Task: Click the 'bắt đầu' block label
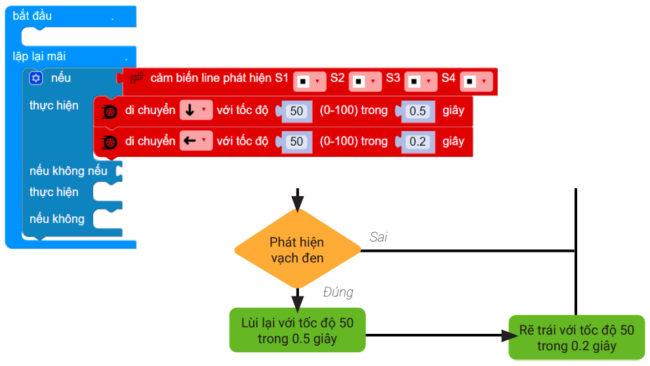(32, 16)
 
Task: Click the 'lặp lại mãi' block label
(39, 56)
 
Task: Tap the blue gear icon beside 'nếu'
(36, 79)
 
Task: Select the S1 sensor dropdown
(310, 81)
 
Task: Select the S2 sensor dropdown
(365, 81)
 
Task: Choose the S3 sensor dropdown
(420, 81)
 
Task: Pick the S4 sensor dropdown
(476, 81)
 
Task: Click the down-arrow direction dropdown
(196, 111)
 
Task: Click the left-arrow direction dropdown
(196, 141)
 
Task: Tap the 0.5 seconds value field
(417, 111)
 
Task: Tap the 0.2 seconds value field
(417, 141)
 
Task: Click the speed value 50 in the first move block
(296, 111)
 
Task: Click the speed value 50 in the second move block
(296, 141)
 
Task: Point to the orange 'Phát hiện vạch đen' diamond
(297, 249)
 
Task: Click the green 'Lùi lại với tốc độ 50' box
(297, 331)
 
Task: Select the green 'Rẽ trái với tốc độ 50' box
(577, 337)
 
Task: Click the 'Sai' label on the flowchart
(378, 237)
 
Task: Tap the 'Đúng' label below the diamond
(338, 292)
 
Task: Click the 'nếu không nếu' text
(68, 171)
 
